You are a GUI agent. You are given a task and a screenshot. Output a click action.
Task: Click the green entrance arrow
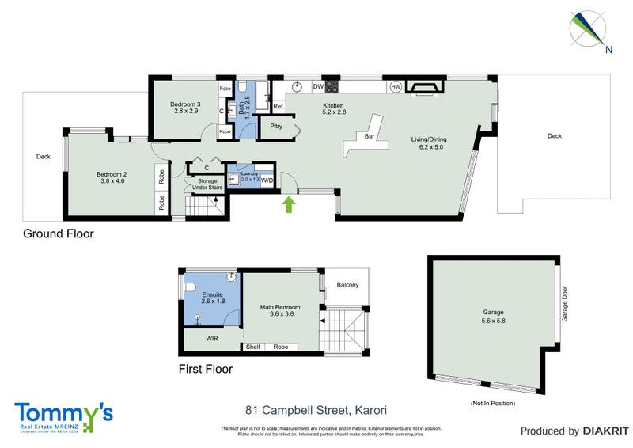point(289,205)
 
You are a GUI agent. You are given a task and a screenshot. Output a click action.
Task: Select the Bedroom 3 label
point(186,108)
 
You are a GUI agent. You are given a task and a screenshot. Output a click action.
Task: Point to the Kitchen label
point(334,108)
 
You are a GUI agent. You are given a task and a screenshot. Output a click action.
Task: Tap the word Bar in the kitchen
point(369,136)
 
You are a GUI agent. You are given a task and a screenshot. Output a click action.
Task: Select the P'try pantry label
point(277,127)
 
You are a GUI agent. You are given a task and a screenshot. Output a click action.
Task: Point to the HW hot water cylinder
point(395,86)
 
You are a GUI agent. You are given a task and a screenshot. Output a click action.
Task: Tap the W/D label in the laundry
point(267,180)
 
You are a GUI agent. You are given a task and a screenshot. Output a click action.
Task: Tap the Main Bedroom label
point(281,311)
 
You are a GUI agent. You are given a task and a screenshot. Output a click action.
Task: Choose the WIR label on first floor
point(211,338)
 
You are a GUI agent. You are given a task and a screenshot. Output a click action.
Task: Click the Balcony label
point(347,285)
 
